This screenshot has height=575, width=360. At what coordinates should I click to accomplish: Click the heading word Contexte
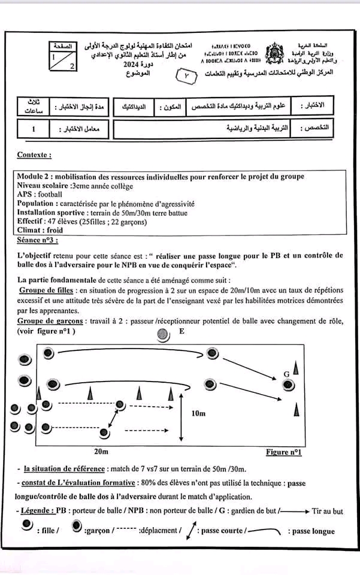(34, 155)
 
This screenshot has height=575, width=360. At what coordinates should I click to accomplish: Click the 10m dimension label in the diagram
(199, 413)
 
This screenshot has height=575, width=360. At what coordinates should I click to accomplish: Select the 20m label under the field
(101, 451)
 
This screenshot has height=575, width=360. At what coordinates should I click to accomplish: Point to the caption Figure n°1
(283, 452)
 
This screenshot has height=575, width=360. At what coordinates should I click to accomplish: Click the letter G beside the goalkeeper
(287, 374)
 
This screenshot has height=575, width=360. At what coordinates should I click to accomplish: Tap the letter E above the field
(181, 331)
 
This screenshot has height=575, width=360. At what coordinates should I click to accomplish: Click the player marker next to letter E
(161, 334)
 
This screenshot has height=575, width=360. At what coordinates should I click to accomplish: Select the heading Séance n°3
(38, 240)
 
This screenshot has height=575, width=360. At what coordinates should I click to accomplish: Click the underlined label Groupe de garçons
(50, 320)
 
